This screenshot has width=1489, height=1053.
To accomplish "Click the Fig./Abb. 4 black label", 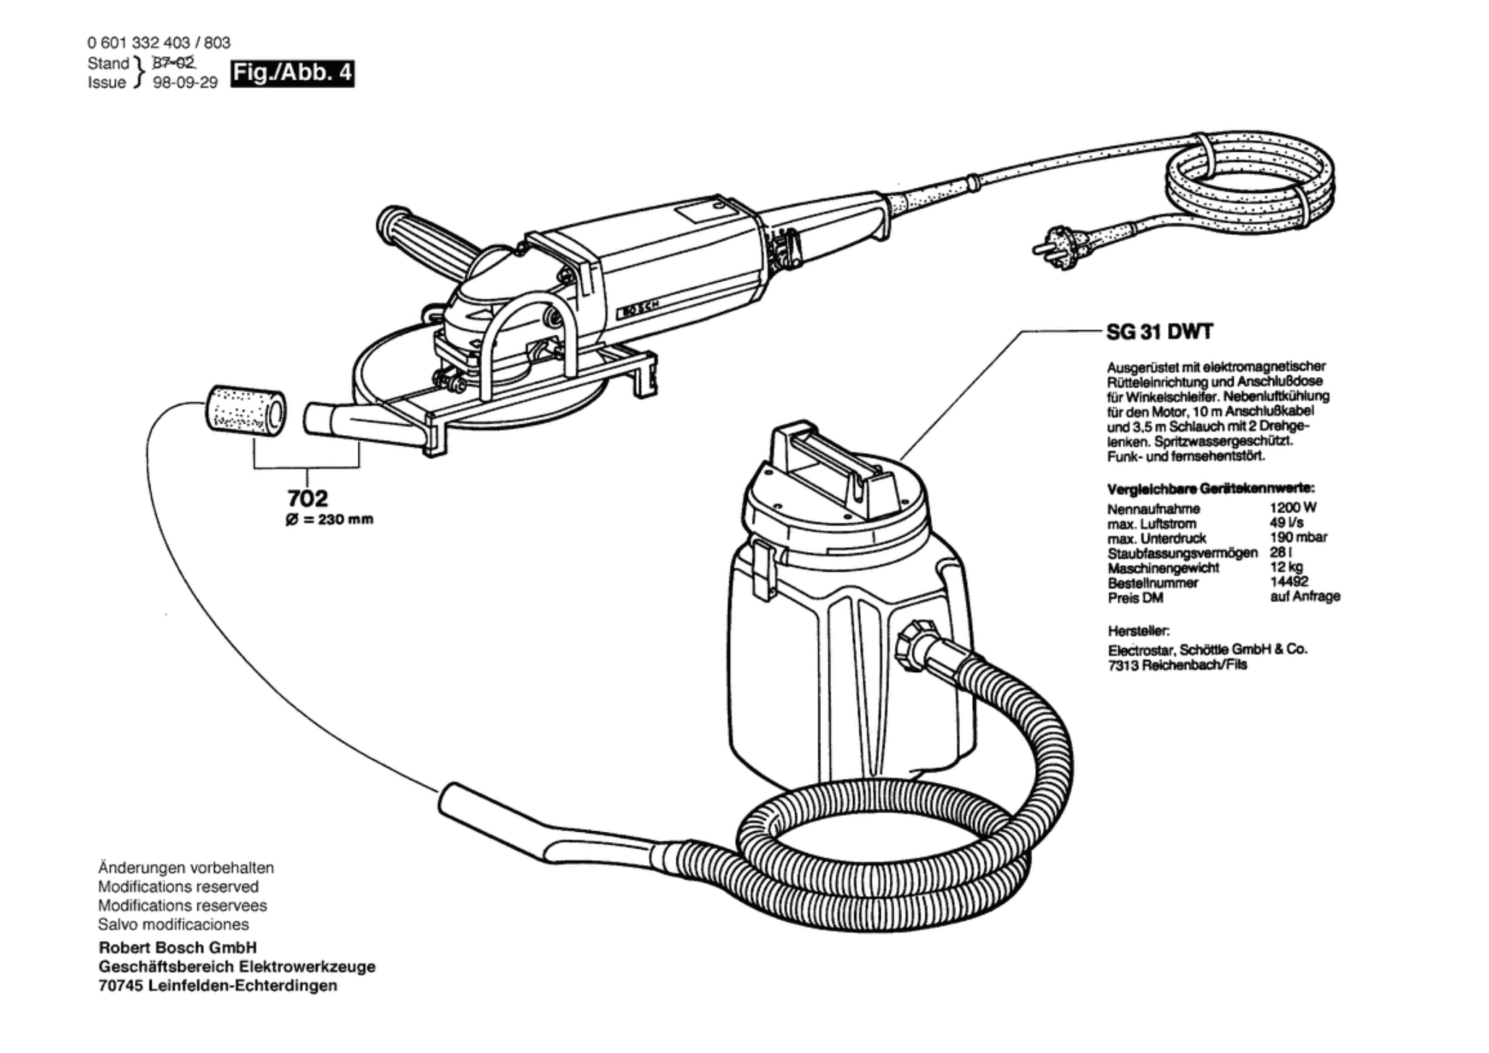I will pos(292,74).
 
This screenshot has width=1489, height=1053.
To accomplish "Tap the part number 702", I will pos(307,498).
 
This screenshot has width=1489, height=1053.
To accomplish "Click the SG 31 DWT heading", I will pos(1159,332).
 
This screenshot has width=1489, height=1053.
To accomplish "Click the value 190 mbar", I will pos(1298,538).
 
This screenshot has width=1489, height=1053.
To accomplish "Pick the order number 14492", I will pos(1289,582).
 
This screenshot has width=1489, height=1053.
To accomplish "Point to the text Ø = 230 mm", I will pos(330,520).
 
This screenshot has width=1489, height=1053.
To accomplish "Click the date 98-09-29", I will pos(185,82).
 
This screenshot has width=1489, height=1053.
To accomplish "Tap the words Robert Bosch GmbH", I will pos(178,947).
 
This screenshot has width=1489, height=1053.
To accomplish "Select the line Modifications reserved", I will pos(178,887).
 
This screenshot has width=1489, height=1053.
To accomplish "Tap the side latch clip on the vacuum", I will pos(758,569).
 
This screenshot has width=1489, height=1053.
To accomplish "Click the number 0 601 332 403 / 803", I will pos(159,43).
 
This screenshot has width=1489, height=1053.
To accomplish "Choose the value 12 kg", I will pos(1287,567).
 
